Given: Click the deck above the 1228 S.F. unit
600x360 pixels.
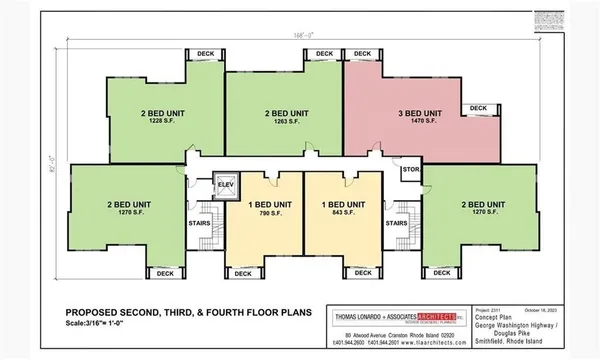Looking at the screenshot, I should [206, 53].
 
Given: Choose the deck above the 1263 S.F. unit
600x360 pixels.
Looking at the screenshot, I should [324, 53].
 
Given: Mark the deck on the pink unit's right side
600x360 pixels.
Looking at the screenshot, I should [478, 108].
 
